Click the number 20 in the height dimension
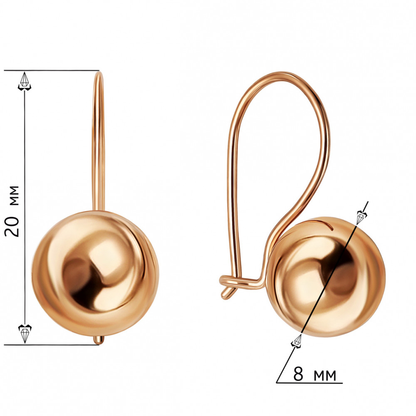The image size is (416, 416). [x=12, y=227]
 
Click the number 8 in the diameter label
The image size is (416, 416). [x=298, y=374]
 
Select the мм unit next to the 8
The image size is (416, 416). [x=325, y=376]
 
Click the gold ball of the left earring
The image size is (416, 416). [x=95, y=273]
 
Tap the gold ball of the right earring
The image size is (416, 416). [x=326, y=277]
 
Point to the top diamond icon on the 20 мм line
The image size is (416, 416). [x=25, y=81]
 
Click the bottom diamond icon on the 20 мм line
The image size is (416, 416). [x=25, y=334]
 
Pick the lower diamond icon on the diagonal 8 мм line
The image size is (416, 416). [x=297, y=341]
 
